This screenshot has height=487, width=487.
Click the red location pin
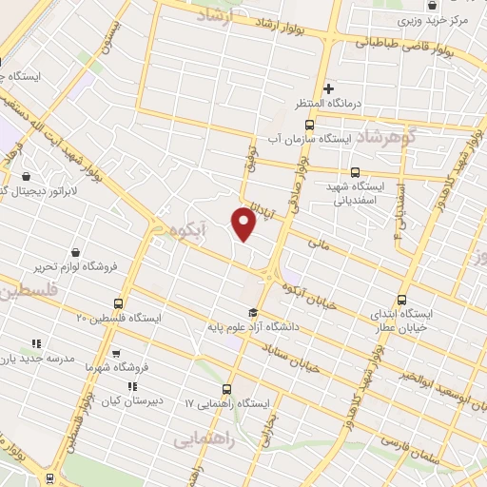(244, 223)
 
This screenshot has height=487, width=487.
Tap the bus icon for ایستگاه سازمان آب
(308, 125)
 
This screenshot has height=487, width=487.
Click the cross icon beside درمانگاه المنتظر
(329, 88)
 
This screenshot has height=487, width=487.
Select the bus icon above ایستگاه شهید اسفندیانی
(355, 172)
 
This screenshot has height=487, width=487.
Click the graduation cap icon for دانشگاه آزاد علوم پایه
(252, 313)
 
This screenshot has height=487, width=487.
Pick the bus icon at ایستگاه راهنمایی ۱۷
(225, 388)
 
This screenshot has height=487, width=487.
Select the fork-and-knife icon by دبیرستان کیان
(133, 386)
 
